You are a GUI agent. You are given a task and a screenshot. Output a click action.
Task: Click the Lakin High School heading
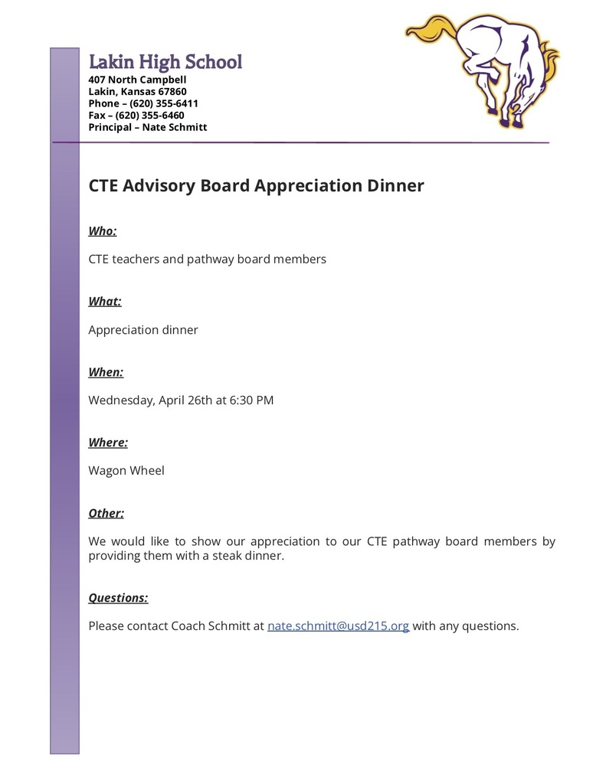[165, 62]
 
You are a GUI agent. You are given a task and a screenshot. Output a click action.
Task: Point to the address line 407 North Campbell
[137, 80]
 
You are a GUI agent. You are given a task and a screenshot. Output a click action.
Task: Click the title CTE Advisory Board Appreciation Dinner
[256, 185]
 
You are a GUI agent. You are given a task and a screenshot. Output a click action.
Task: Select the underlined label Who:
[103, 230]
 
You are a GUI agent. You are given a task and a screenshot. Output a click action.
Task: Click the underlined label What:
[105, 301]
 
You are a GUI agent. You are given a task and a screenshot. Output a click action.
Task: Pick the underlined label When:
[106, 372]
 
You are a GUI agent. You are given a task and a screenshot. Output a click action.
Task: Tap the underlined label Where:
[108, 443]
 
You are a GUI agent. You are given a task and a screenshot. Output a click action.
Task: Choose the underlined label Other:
[106, 513]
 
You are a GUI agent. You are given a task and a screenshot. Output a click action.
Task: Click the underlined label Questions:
[118, 597]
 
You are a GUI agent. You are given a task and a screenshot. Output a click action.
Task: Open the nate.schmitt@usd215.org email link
[338, 626]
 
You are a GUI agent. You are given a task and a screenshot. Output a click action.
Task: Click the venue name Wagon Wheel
[126, 470]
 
